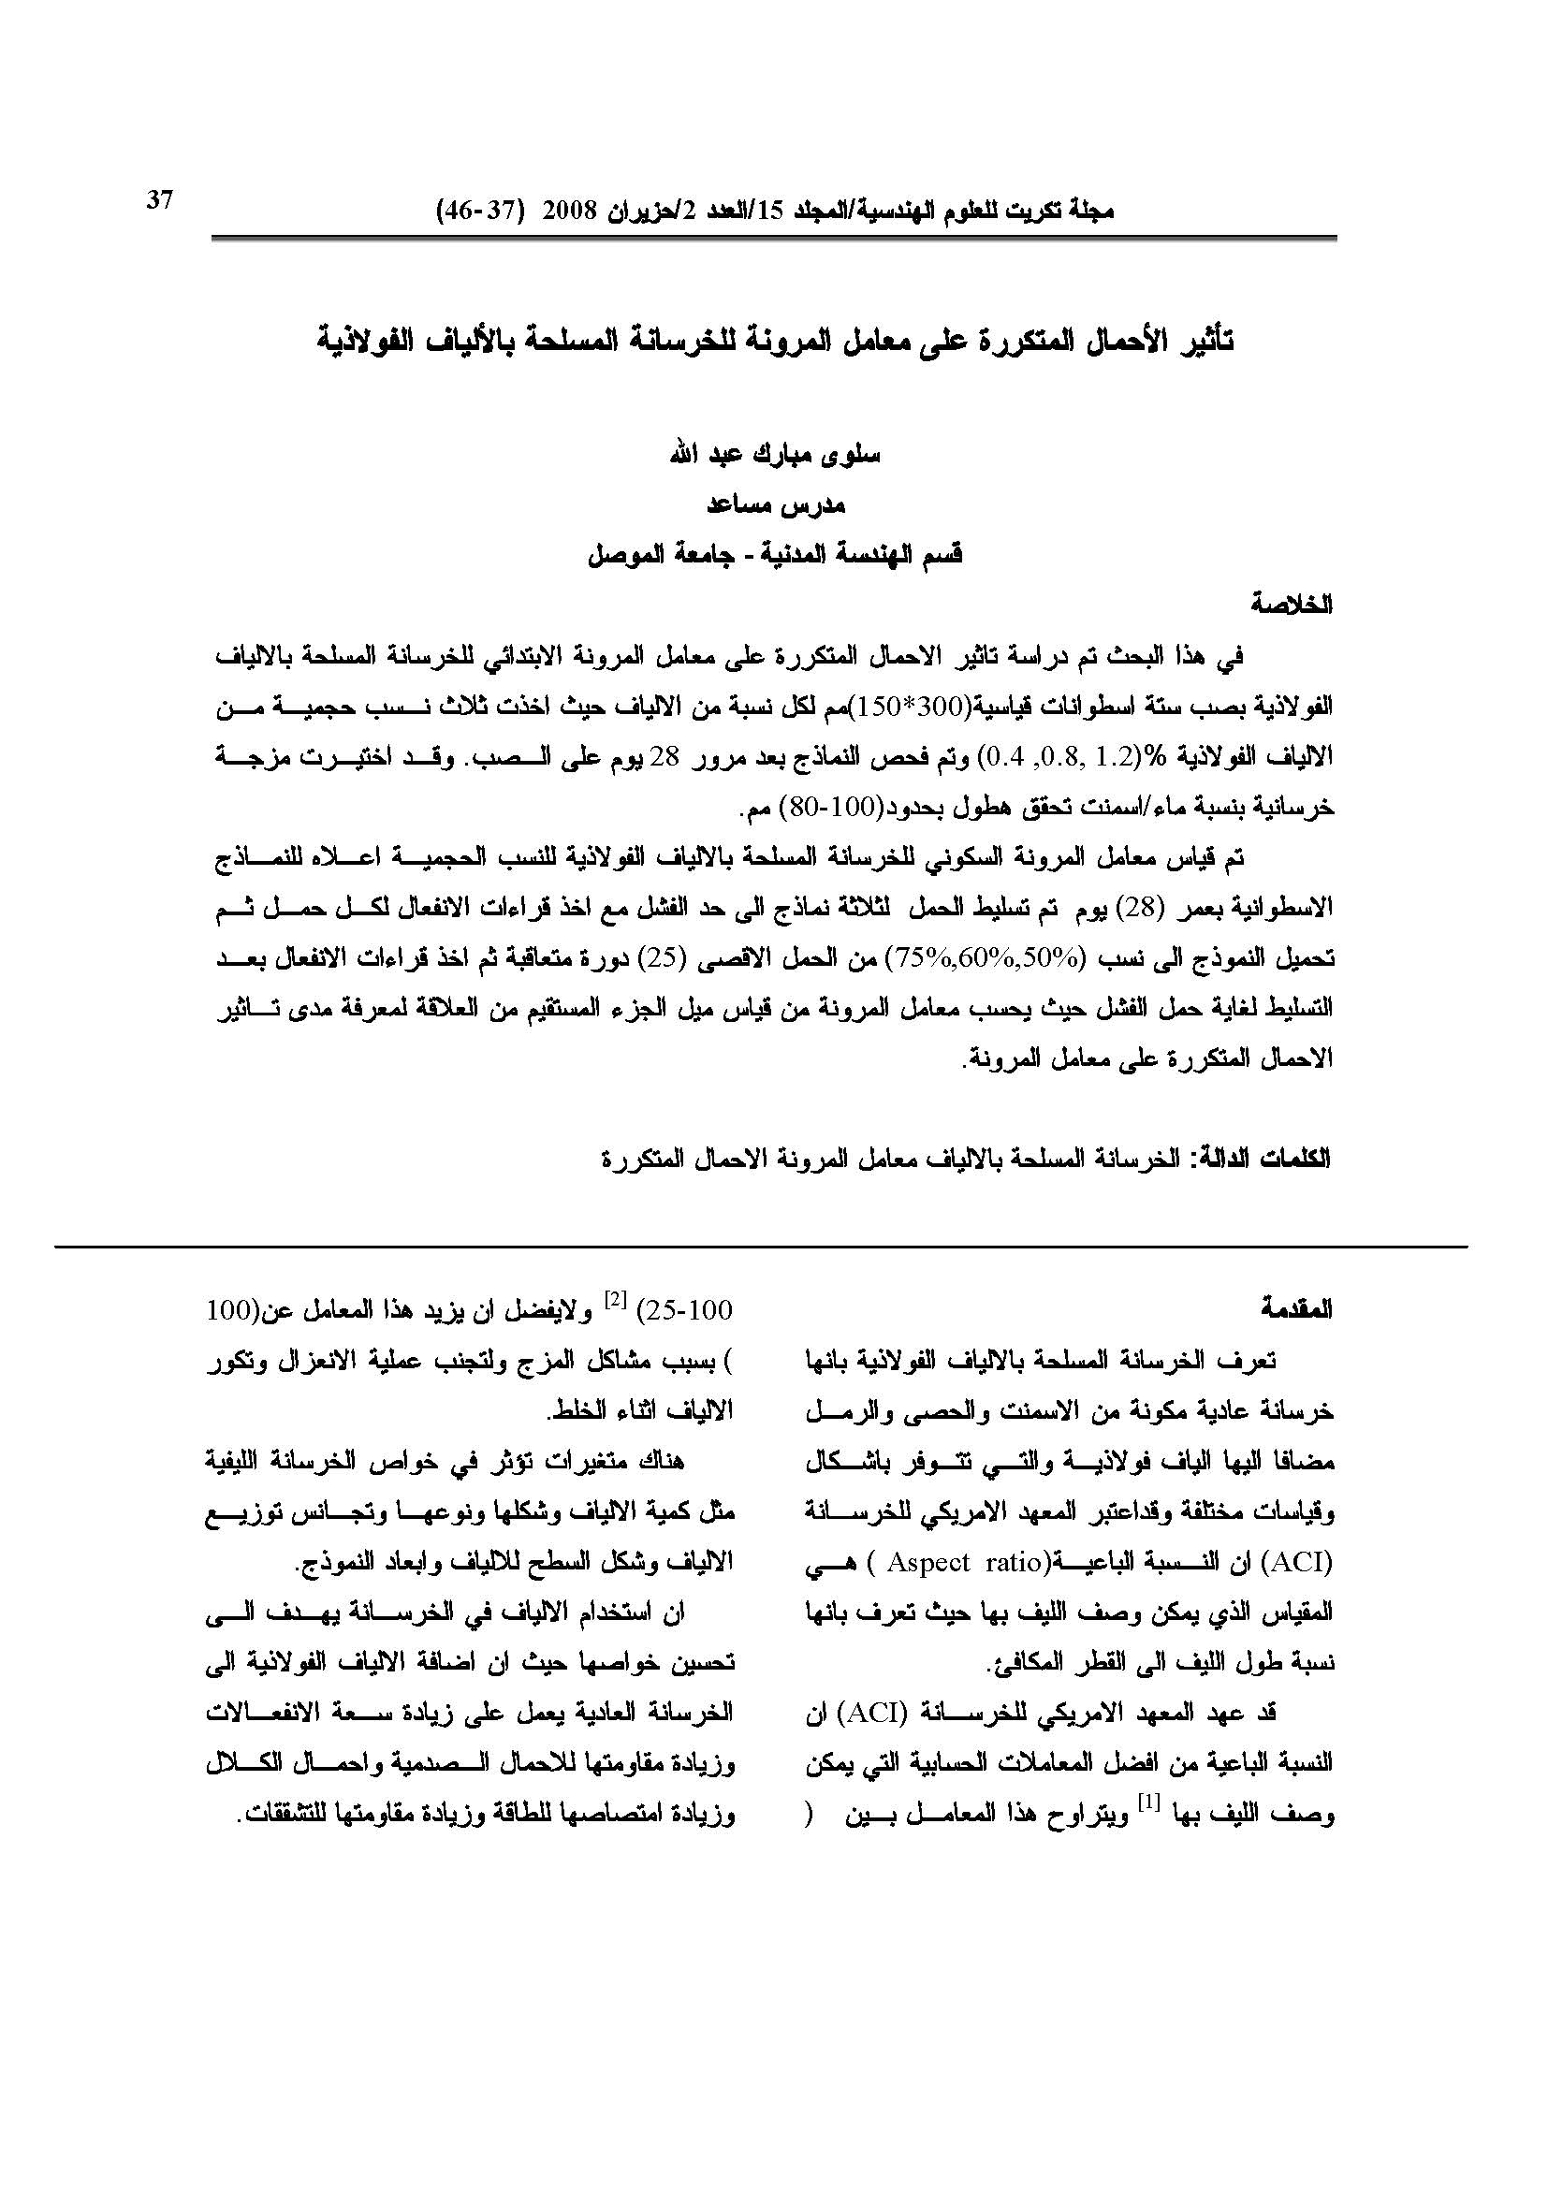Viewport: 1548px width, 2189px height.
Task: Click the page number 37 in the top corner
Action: [159, 200]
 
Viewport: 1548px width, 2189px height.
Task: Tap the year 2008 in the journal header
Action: [568, 212]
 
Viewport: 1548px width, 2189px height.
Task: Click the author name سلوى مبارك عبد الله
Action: [775, 455]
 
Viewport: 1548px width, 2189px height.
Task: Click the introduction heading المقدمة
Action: [1295, 1309]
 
